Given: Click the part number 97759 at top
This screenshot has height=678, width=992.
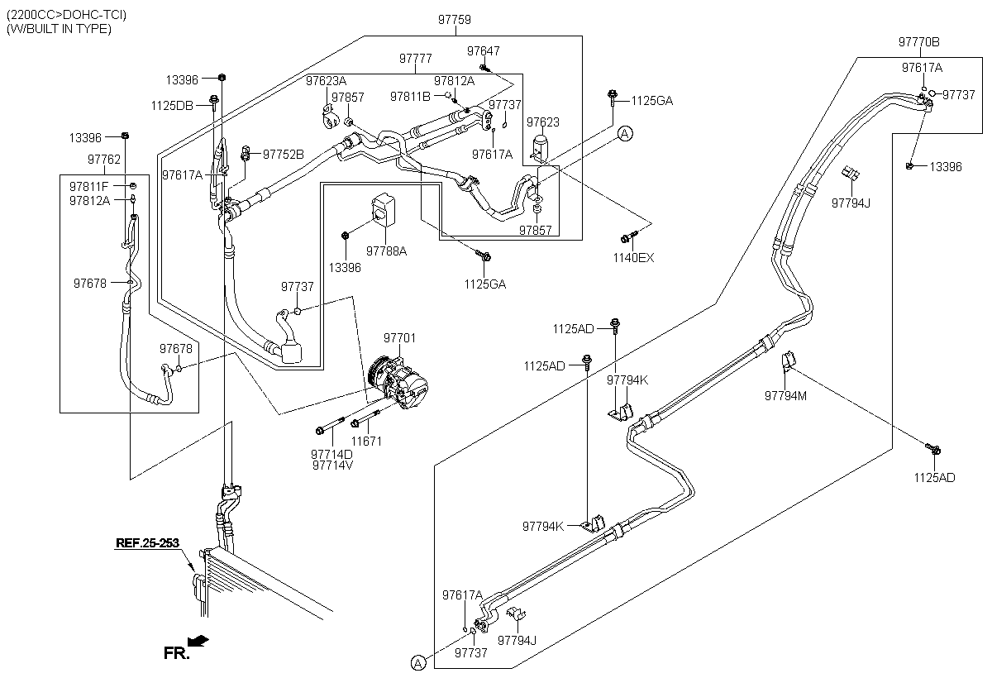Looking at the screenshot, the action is (455, 20).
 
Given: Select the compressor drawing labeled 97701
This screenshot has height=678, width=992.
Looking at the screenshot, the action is (398, 382).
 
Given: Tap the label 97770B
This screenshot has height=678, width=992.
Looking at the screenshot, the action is (918, 42).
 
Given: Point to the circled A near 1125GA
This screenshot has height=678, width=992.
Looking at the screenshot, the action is (625, 133).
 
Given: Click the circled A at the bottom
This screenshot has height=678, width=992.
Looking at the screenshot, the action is (417, 663).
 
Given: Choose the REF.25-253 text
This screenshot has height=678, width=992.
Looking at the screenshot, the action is (147, 543).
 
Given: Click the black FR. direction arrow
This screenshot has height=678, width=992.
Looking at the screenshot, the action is (198, 640).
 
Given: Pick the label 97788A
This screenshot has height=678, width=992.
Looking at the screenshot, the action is (386, 251).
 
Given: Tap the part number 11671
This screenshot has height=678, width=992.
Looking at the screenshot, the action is (366, 441).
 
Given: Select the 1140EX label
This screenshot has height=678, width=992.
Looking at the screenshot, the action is (633, 258).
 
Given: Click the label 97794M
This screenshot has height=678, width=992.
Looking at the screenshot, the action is (785, 396).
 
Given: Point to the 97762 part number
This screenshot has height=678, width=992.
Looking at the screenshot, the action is (104, 160).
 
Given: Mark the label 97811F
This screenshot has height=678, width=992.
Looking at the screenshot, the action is (88, 187).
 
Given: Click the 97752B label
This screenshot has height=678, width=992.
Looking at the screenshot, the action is (284, 155).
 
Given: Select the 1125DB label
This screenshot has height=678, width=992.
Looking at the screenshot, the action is (172, 106).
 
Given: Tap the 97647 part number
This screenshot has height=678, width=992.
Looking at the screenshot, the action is (483, 51).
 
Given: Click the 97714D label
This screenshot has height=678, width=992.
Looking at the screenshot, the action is (331, 455).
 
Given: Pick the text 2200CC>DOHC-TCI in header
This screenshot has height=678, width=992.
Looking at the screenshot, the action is (66, 15).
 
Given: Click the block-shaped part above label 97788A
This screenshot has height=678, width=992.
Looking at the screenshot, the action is (384, 209).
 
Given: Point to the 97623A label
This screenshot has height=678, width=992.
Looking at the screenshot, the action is (326, 81).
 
